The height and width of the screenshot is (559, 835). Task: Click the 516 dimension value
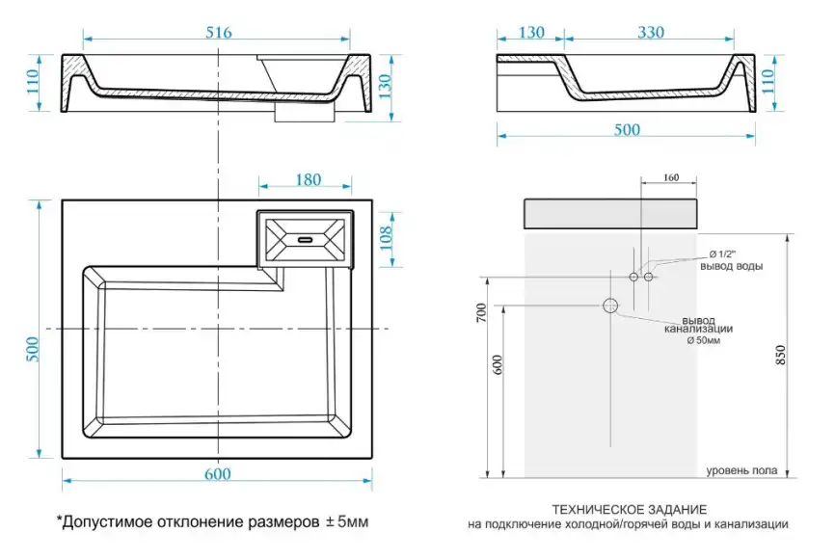click(x=218, y=33)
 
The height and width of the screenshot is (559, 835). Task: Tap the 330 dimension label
click(x=650, y=33)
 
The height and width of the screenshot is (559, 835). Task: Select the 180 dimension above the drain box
click(x=307, y=179)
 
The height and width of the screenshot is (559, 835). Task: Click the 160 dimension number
click(x=672, y=177)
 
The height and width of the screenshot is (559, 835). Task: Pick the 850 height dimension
click(x=804, y=356)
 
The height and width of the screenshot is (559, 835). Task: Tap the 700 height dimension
click(x=481, y=314)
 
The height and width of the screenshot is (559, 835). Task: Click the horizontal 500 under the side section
click(x=627, y=131)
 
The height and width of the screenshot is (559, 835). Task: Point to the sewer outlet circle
click(x=610, y=306)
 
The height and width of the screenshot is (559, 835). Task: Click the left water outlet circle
click(x=633, y=277)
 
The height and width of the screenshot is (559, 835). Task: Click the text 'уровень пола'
click(x=741, y=470)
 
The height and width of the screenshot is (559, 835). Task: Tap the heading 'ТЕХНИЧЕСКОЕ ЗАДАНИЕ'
click(x=630, y=509)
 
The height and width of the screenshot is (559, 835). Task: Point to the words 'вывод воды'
click(x=732, y=266)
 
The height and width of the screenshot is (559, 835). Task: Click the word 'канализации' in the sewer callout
click(x=699, y=331)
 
